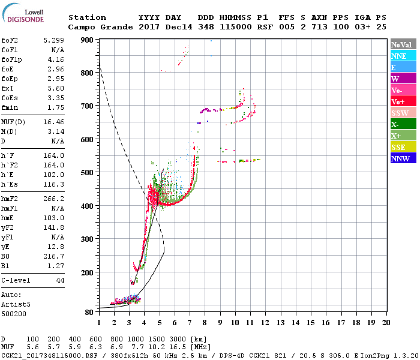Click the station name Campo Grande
pos(95,27)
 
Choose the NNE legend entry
pos(399,56)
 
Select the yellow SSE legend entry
pos(398,148)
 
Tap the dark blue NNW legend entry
pos(400,159)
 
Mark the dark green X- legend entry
pos(395,125)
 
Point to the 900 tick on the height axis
pos(87,40)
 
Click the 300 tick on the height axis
pos(87,239)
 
